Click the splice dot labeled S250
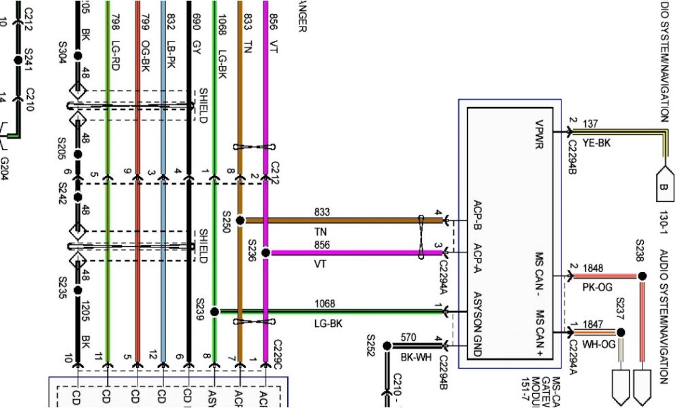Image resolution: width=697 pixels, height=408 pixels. (x=240, y=220)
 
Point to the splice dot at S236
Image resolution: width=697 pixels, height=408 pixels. (x=265, y=252)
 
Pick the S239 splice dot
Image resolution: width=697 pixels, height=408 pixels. (x=214, y=312)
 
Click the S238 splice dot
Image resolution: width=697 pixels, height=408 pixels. (x=641, y=276)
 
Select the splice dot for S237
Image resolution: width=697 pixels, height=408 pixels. (x=620, y=333)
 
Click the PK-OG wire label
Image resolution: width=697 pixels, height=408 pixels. (x=597, y=288)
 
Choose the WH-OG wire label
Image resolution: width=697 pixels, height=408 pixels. (x=599, y=344)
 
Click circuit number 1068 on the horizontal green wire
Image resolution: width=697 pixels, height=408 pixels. (x=325, y=303)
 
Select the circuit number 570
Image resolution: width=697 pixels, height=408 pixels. (x=408, y=337)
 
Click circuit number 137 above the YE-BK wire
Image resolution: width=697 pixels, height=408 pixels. (x=590, y=124)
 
